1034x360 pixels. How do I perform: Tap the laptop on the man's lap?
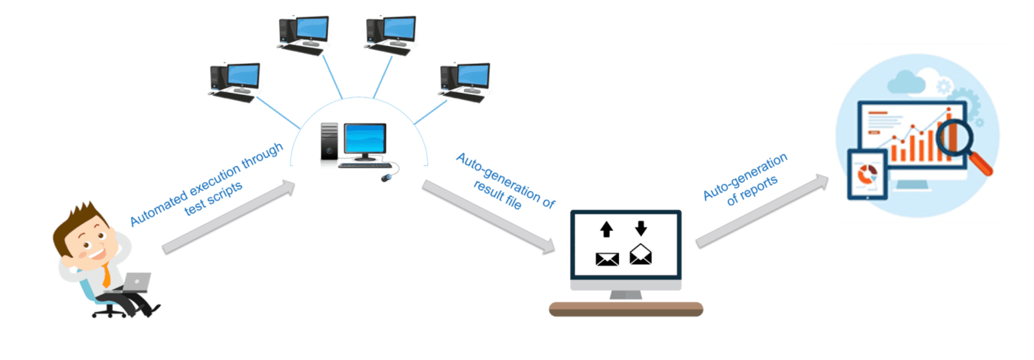tap(134, 283)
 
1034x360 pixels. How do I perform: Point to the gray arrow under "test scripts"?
tap(229, 217)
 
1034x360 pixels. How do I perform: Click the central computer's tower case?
tap(329, 141)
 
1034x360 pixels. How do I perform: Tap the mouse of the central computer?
tap(386, 177)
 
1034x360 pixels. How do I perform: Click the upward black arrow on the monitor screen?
tap(606, 229)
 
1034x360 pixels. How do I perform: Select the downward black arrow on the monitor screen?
tap(640, 228)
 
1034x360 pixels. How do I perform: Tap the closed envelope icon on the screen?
tap(607, 259)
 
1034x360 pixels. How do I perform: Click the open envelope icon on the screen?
tap(640, 255)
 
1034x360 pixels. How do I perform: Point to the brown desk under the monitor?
tap(625, 310)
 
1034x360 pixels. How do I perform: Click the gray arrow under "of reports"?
tap(762, 211)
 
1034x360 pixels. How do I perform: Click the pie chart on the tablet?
tap(867, 174)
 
